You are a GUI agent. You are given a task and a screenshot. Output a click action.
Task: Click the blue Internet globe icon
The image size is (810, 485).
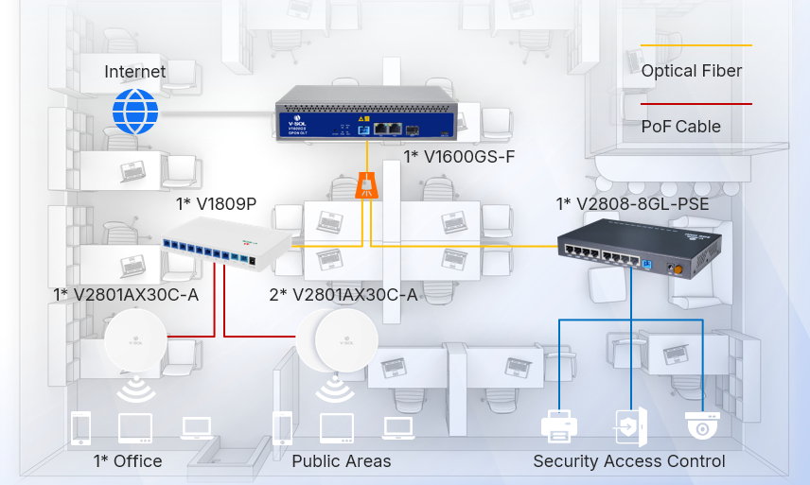pyautogui.click(x=135, y=112)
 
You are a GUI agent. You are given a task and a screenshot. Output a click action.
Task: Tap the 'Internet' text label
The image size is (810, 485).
pyautogui.click(x=134, y=72)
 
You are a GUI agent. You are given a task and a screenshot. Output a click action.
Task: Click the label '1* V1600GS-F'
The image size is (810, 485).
pyautogui.click(x=459, y=156)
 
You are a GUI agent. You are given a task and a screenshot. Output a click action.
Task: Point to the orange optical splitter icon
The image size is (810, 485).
pyautogui.click(x=366, y=185)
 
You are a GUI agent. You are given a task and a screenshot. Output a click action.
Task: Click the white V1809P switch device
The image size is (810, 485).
pyautogui.click(x=224, y=241)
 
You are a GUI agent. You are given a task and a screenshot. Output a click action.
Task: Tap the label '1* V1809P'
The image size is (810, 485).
pyautogui.click(x=217, y=203)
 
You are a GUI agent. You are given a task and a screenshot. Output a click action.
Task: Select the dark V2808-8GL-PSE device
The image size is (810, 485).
pyautogui.click(x=638, y=249)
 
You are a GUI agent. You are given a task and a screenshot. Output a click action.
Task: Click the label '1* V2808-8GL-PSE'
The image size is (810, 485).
pyautogui.click(x=632, y=204)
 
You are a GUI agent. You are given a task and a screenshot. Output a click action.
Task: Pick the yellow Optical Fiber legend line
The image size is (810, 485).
pyautogui.click(x=696, y=44)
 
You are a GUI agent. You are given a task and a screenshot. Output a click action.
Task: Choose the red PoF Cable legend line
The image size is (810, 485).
pyautogui.click(x=696, y=104)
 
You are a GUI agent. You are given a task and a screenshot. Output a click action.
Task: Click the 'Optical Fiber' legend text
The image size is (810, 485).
pyautogui.click(x=691, y=72)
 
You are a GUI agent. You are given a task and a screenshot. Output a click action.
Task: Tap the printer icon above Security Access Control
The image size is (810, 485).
pyautogui.click(x=559, y=427)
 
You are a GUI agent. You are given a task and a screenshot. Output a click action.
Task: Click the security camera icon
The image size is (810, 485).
pyautogui.click(x=702, y=426)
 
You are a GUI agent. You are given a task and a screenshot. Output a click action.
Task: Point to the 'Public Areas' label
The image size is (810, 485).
pyautogui.click(x=341, y=461)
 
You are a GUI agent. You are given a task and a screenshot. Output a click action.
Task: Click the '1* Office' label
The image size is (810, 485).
pyautogui.click(x=128, y=461)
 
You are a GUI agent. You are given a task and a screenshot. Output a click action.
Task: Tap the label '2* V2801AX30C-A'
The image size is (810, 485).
pyautogui.click(x=343, y=295)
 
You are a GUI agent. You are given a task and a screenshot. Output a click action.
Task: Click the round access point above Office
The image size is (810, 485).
pyautogui.click(x=135, y=339)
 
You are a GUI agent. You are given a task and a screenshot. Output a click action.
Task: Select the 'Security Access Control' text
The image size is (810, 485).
pyautogui.click(x=629, y=461)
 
